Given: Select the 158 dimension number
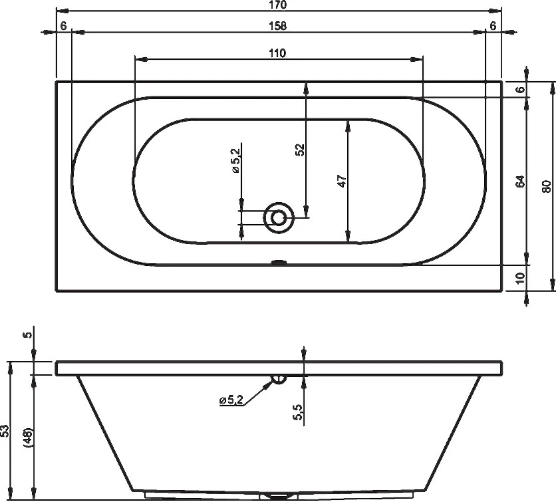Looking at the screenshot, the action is (x=277, y=26).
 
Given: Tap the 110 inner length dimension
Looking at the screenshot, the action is (x=277, y=54).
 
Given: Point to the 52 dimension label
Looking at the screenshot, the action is (x=301, y=150).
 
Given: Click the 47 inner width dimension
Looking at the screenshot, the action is (x=342, y=181).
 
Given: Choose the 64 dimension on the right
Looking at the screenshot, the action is (x=520, y=181).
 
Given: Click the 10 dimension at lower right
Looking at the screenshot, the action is (x=520, y=278).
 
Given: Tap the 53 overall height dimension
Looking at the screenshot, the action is (x=5, y=430).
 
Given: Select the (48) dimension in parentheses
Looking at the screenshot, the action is (x=28, y=438).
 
